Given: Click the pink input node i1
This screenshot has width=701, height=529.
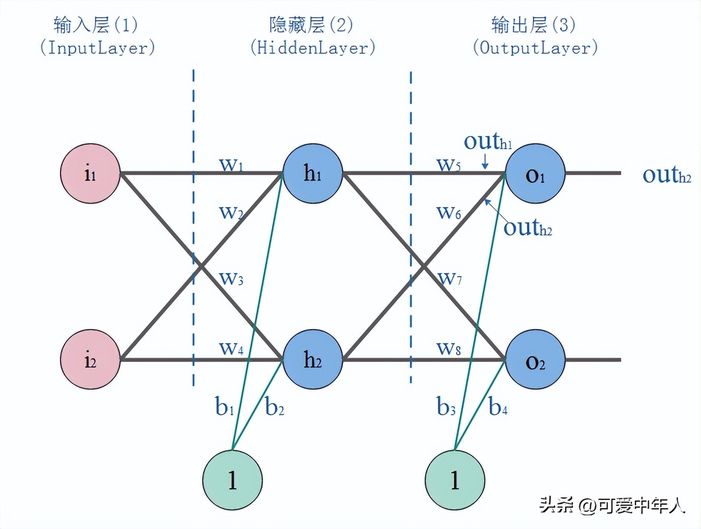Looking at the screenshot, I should pyautogui.click(x=90, y=174).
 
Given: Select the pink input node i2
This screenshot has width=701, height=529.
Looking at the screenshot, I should pyautogui.click(x=90, y=359).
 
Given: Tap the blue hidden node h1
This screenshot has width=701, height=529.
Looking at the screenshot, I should pyautogui.click(x=312, y=174).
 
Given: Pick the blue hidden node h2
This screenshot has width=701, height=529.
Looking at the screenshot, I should pyautogui.click(x=312, y=359).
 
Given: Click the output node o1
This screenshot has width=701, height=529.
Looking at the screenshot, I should pyautogui.click(x=535, y=174).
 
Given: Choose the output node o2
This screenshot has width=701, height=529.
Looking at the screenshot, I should pyautogui.click(x=535, y=359).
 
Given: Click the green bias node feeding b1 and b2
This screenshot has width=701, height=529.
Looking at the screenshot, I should pyautogui.click(x=232, y=480).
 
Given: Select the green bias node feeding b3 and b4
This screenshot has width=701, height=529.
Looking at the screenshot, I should pyautogui.click(x=455, y=480).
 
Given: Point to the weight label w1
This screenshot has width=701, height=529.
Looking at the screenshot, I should pyautogui.click(x=231, y=164).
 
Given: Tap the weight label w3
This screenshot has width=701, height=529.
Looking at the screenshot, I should pyautogui.click(x=231, y=278).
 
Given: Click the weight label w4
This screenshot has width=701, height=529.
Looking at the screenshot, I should pyautogui.click(x=231, y=348).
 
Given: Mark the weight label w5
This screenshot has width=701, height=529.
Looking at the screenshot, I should pyautogui.click(x=449, y=164).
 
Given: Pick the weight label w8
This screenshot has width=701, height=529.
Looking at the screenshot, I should pyautogui.click(x=449, y=348).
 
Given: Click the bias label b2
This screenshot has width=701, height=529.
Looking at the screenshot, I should pyautogui.click(x=274, y=407).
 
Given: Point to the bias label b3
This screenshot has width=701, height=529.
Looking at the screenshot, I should pyautogui.click(x=445, y=407).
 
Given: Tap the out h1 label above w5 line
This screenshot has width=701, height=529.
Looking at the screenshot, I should pyautogui.click(x=488, y=141).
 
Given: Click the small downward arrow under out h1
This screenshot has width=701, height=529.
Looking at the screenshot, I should pyautogui.click(x=485, y=161).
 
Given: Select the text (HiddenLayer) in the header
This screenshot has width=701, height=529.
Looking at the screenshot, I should pyautogui.click(x=312, y=48).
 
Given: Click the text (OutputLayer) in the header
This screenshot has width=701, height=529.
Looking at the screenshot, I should pyautogui.click(x=535, y=48).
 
